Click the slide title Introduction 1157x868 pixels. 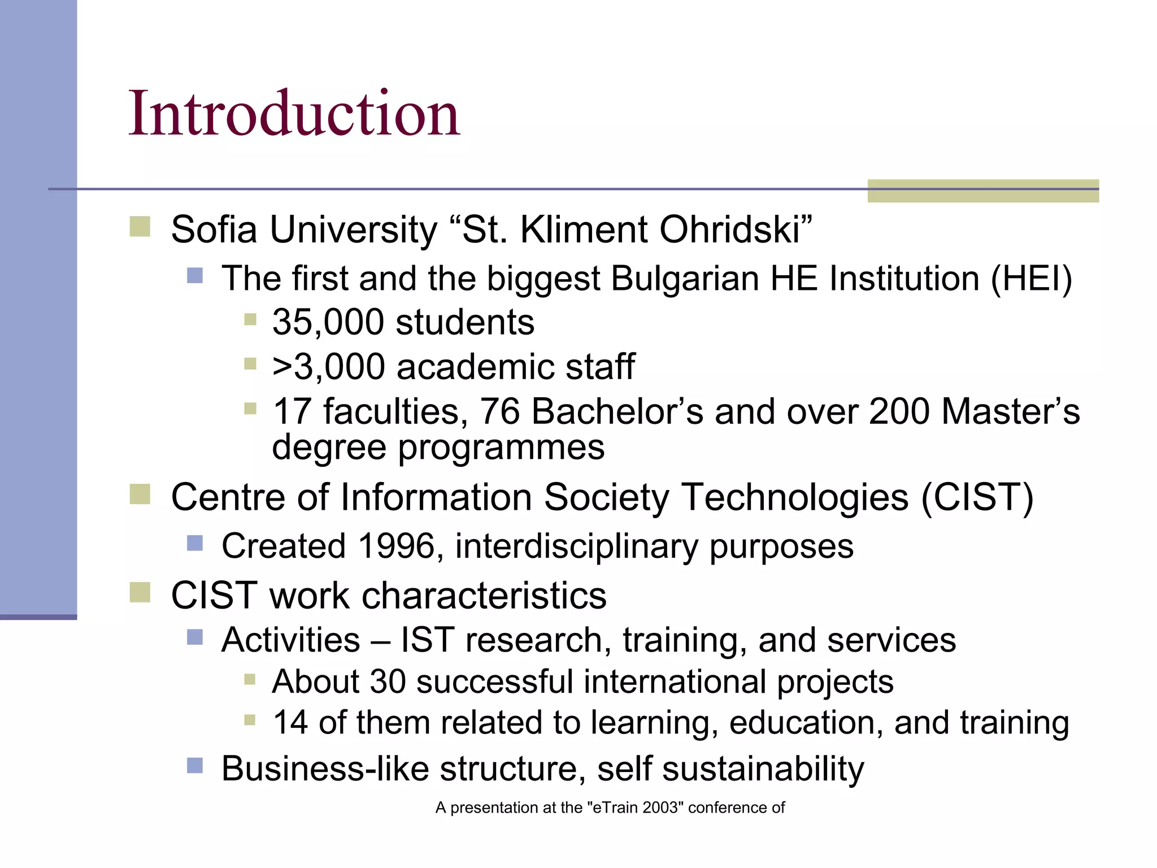[x=294, y=114]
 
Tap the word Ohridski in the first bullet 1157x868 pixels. [x=735, y=230]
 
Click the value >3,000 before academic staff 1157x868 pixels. [x=328, y=367]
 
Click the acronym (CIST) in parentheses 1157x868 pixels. [x=978, y=497]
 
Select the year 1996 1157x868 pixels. [x=397, y=546]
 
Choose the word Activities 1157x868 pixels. [x=290, y=640]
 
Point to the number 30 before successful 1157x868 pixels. [x=388, y=682]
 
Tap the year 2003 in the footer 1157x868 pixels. [x=659, y=808]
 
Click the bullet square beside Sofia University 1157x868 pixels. [x=140, y=227]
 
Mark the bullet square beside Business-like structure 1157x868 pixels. [x=195, y=766]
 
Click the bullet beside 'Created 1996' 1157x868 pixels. [x=195, y=543]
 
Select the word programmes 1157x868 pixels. [x=501, y=448]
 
